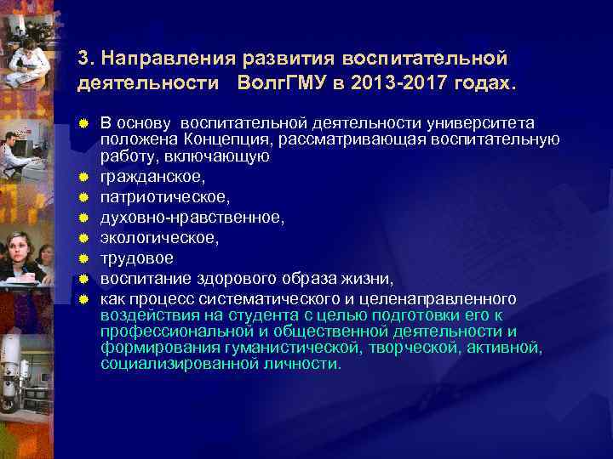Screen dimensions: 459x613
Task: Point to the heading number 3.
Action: (x=83, y=59)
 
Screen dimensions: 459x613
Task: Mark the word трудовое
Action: (x=137, y=258)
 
